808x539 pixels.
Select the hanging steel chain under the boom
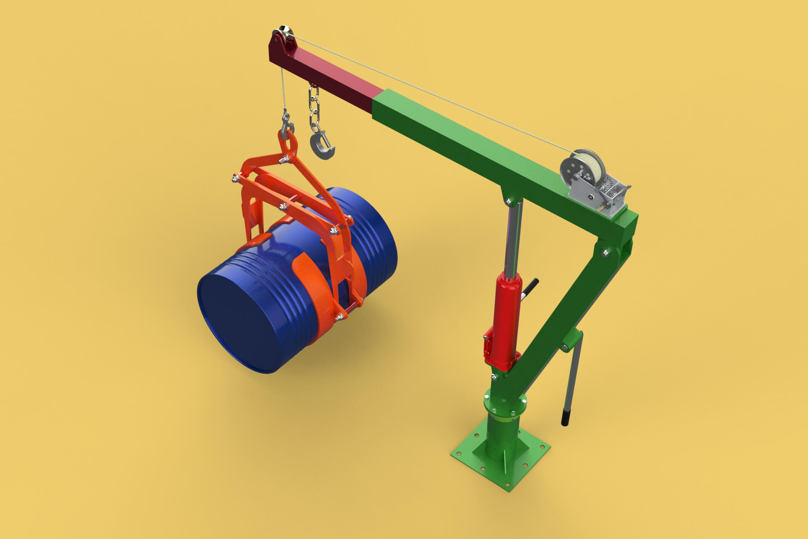(314, 109)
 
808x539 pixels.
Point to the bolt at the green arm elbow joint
(606, 253)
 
